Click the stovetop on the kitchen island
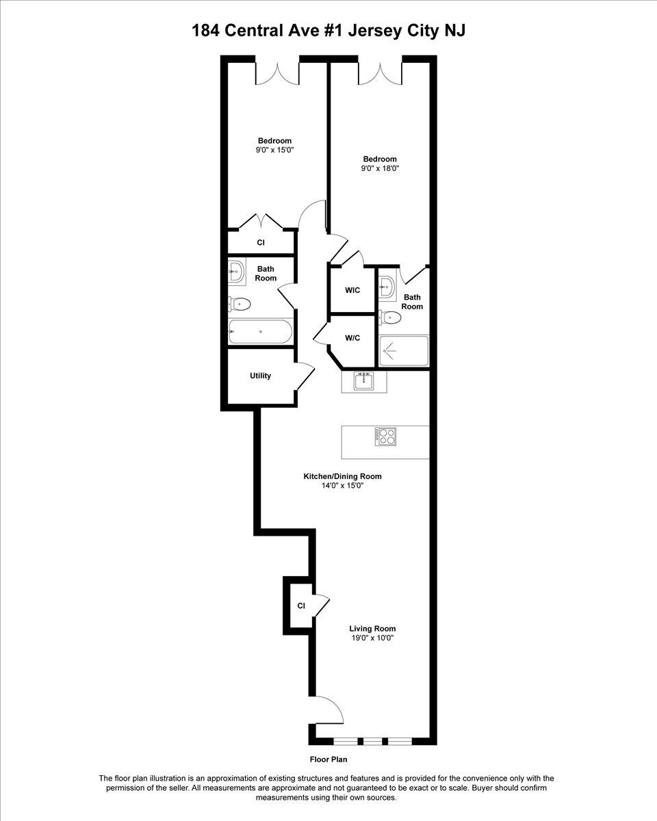tap(385, 436)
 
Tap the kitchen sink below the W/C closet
tap(363, 381)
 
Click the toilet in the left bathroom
tap(240, 304)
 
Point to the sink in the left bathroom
tap(236, 271)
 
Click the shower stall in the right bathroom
tap(404, 351)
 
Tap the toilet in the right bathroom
tap(390, 317)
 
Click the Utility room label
tap(260, 376)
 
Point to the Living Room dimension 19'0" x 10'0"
tap(372, 638)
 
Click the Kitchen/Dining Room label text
tap(342, 476)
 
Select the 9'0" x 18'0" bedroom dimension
tap(379, 168)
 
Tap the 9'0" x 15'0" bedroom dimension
tap(274, 150)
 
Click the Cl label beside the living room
tap(300, 605)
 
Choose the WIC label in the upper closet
tap(352, 290)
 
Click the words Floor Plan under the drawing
tap(329, 759)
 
